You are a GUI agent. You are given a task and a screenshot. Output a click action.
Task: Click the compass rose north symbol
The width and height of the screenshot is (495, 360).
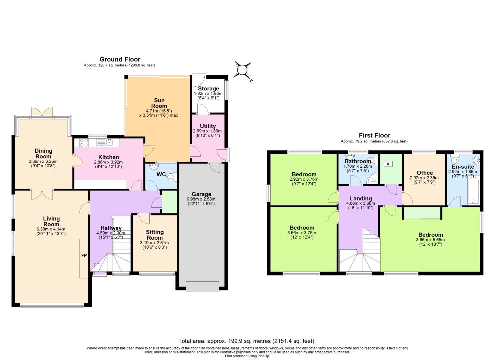(x=242, y=70)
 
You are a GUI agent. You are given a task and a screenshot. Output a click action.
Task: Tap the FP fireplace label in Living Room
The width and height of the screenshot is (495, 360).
(x=84, y=255)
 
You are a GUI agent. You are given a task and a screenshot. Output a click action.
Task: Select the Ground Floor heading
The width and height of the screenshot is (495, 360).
(x=120, y=59)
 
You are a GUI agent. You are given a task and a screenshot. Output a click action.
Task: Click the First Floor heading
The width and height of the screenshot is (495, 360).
(x=374, y=135)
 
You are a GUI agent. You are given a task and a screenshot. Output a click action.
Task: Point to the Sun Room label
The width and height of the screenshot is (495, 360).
(x=159, y=103)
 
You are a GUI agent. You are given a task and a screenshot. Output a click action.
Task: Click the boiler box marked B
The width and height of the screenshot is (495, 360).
(x=388, y=164)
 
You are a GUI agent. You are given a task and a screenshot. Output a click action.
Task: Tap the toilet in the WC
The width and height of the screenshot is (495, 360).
(x=172, y=177)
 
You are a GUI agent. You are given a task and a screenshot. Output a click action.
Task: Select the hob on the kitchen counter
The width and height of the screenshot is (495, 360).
(x=84, y=143)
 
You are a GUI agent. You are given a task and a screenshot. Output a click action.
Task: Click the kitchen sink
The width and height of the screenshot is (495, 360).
(x=110, y=143)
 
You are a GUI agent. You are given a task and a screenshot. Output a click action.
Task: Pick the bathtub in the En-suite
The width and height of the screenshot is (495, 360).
(x=473, y=191)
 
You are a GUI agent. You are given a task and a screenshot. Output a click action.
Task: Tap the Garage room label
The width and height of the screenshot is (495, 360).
(x=201, y=194)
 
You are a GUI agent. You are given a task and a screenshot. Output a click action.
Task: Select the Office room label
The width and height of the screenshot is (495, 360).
(x=425, y=173)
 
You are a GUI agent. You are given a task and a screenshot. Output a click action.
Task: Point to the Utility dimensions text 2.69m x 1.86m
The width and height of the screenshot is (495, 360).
(x=207, y=131)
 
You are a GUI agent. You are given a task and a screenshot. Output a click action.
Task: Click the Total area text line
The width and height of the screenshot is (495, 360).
(x=246, y=341)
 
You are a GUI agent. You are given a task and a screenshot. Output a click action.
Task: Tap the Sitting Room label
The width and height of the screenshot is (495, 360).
(x=155, y=235)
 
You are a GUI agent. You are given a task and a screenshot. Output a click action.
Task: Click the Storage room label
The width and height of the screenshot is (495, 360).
(x=208, y=89)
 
